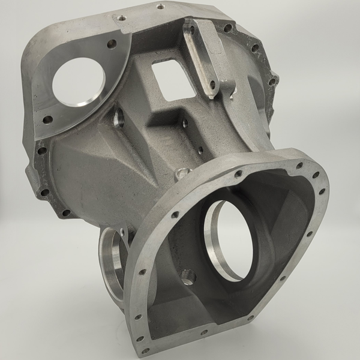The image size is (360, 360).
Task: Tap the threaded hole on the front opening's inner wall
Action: (188, 277)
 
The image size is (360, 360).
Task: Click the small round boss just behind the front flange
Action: (182, 174)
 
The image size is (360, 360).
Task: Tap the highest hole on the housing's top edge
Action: (160, 7)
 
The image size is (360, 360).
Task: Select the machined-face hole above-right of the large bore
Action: (112, 43)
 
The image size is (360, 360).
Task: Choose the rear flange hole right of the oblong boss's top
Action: (226, 27)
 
